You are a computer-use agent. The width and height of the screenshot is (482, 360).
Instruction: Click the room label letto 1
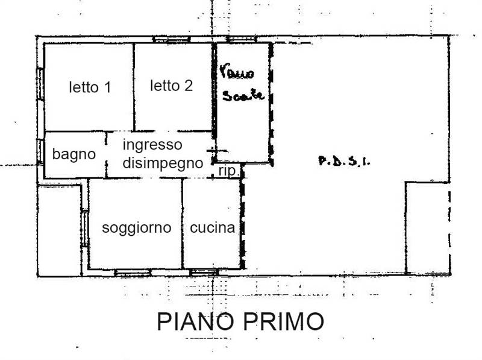coord(89,87)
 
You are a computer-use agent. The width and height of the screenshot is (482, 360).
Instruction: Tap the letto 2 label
coord(172,86)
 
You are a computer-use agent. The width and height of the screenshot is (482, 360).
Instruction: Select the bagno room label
coord(74,154)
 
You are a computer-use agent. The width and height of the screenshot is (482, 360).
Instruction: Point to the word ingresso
coord(152,145)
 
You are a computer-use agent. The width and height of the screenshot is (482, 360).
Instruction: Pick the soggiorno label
coord(136,228)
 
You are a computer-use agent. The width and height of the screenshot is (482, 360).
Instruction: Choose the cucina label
coord(212,228)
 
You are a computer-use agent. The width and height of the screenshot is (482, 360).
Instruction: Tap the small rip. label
coord(228,172)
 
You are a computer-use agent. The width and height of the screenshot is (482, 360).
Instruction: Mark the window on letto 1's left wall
coord(40,84)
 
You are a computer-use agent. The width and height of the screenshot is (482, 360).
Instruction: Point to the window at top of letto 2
coord(172,40)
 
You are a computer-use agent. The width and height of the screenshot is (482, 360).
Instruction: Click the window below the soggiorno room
coord(133,273)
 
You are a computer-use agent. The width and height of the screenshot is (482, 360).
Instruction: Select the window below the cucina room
coord(204,273)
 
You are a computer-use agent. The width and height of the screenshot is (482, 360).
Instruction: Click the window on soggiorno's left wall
coord(85,228)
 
